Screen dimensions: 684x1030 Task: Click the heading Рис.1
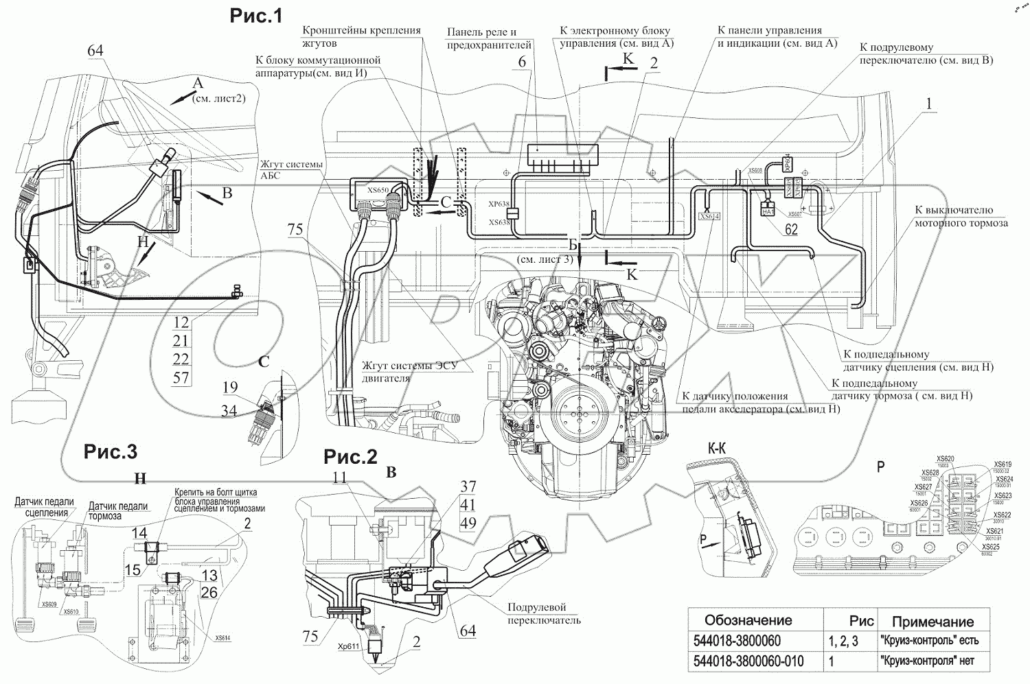256,17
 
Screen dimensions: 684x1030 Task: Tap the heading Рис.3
111,451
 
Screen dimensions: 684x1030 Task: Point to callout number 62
791,230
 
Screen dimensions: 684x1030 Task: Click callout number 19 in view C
229,389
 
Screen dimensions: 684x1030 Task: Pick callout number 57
181,377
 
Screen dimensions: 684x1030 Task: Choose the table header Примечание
932,622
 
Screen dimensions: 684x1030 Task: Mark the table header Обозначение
748,620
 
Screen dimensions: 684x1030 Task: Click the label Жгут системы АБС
279,168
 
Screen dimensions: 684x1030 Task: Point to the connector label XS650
378,190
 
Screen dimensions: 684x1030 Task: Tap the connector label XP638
499,204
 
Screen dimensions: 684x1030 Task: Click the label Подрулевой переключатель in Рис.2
544,613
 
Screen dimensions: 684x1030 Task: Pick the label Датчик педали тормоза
117,511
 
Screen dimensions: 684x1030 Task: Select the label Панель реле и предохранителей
490,38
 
